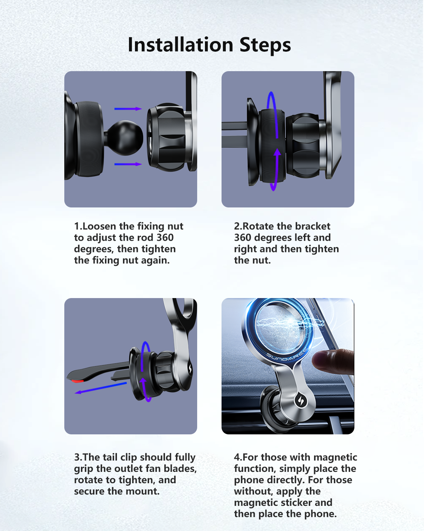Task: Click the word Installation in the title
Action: [x=180, y=45]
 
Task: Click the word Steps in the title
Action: [x=265, y=46]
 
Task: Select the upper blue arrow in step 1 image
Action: [x=128, y=109]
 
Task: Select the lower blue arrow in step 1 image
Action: [x=128, y=164]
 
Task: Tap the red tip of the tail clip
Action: [x=77, y=381]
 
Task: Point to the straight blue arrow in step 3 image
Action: [x=101, y=388]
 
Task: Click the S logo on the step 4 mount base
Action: [x=300, y=400]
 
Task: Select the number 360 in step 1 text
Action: [x=165, y=238]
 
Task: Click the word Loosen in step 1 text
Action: [x=99, y=226]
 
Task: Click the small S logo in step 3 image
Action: [x=190, y=369]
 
